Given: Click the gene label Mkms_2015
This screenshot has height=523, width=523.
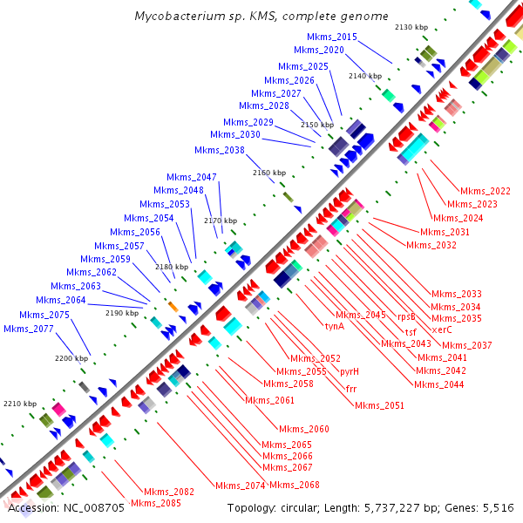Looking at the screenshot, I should point(332,37).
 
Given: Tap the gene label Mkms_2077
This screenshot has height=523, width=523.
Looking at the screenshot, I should point(28,329).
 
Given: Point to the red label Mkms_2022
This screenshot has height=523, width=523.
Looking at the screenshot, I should point(486,191).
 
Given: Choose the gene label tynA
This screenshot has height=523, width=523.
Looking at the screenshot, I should point(335,326).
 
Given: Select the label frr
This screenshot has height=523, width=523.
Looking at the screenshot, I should point(351,388).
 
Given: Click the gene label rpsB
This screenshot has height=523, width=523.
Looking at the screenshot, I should point(406,316).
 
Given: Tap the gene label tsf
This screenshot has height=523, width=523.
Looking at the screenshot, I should point(411,332).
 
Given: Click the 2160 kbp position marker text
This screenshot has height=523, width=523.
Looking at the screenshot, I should point(268,173).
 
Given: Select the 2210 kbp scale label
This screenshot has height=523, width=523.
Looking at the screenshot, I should point(19,404).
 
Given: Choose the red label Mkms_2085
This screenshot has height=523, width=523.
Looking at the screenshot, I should point(156,503).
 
